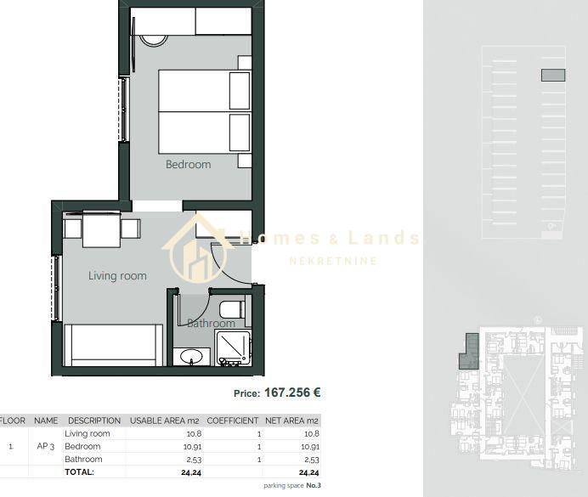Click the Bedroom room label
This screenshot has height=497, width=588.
[x=189, y=165]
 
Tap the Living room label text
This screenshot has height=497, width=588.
[x=117, y=276]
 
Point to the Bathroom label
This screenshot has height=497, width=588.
[x=211, y=323]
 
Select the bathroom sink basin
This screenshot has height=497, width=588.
[x=191, y=356]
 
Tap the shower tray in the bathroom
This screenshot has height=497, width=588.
[x=234, y=348]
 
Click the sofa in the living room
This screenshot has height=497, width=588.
[x=113, y=345]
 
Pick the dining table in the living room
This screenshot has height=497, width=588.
[x=102, y=229]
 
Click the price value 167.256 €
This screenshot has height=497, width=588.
[x=292, y=393]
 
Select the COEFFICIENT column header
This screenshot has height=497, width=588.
[x=233, y=421]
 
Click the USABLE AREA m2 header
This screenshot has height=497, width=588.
[x=164, y=421]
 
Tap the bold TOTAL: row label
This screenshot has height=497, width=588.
[x=79, y=472]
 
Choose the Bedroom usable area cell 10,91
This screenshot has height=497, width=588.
[x=192, y=447]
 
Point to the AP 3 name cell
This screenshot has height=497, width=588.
[x=46, y=446]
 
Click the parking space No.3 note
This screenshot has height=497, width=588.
[x=292, y=486]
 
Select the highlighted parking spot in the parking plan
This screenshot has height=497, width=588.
[x=553, y=75]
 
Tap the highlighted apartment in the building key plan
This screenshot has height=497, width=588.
[x=469, y=352]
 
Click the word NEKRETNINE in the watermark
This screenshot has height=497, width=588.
[x=333, y=261]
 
